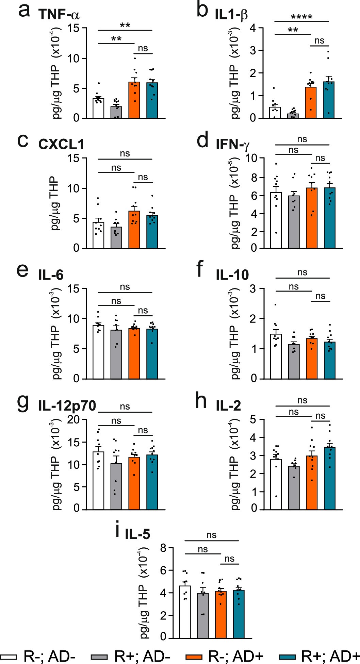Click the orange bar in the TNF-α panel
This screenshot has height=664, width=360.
coord(134,100)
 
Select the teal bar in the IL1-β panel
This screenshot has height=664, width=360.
coord(328,100)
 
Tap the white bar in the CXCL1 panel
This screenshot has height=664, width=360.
coord(98,235)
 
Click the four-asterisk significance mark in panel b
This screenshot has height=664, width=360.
coord(301,17)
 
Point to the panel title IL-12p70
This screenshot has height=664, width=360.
coord(67,406)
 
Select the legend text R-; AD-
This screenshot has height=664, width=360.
coord(49,657)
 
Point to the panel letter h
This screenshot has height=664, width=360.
coord(201,401)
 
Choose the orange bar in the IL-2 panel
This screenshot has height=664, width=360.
coord(312,483)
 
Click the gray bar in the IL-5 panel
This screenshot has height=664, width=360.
coord(203,615)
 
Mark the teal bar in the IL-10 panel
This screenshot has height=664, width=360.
coord(329,360)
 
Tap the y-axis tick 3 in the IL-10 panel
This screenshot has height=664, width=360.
coord(253,289)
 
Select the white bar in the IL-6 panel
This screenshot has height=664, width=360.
coord(98,352)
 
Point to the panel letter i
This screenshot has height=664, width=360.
coord(118,530)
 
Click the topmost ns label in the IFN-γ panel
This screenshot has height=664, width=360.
coord(302,139)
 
